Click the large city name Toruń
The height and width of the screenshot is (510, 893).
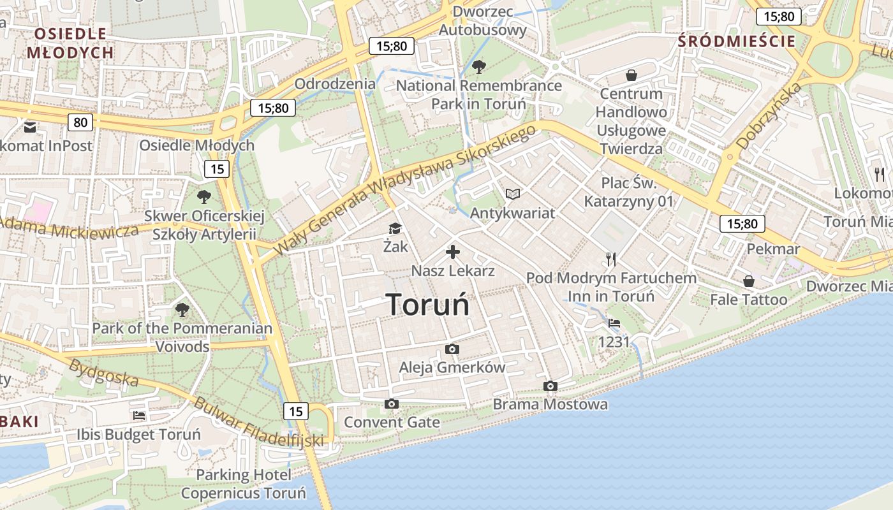(x=427, y=305)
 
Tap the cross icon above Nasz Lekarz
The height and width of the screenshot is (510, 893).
(x=453, y=252)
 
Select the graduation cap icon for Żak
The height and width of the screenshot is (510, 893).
(x=395, y=228)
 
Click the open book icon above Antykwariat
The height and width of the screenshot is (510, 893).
(x=513, y=194)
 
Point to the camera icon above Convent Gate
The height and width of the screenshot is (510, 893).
(x=392, y=404)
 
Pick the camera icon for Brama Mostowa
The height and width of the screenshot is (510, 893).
(x=550, y=386)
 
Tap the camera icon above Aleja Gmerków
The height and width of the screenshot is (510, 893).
(x=452, y=349)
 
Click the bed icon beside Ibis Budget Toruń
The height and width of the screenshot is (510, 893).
(x=139, y=416)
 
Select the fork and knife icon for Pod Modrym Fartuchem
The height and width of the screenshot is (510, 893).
(x=611, y=259)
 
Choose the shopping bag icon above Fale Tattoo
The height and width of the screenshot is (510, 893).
(x=749, y=281)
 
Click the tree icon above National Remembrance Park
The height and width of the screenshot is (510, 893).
(x=478, y=66)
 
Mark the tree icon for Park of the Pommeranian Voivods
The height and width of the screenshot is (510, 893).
(x=182, y=310)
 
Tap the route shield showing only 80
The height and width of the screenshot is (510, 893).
(x=80, y=122)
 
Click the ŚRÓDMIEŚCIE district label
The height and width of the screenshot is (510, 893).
(x=737, y=41)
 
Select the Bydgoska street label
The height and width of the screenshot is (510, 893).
(x=103, y=372)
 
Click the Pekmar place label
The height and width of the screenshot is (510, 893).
(x=773, y=249)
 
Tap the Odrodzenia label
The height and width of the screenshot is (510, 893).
(x=336, y=84)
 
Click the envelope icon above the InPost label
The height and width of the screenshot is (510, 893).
(x=30, y=127)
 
